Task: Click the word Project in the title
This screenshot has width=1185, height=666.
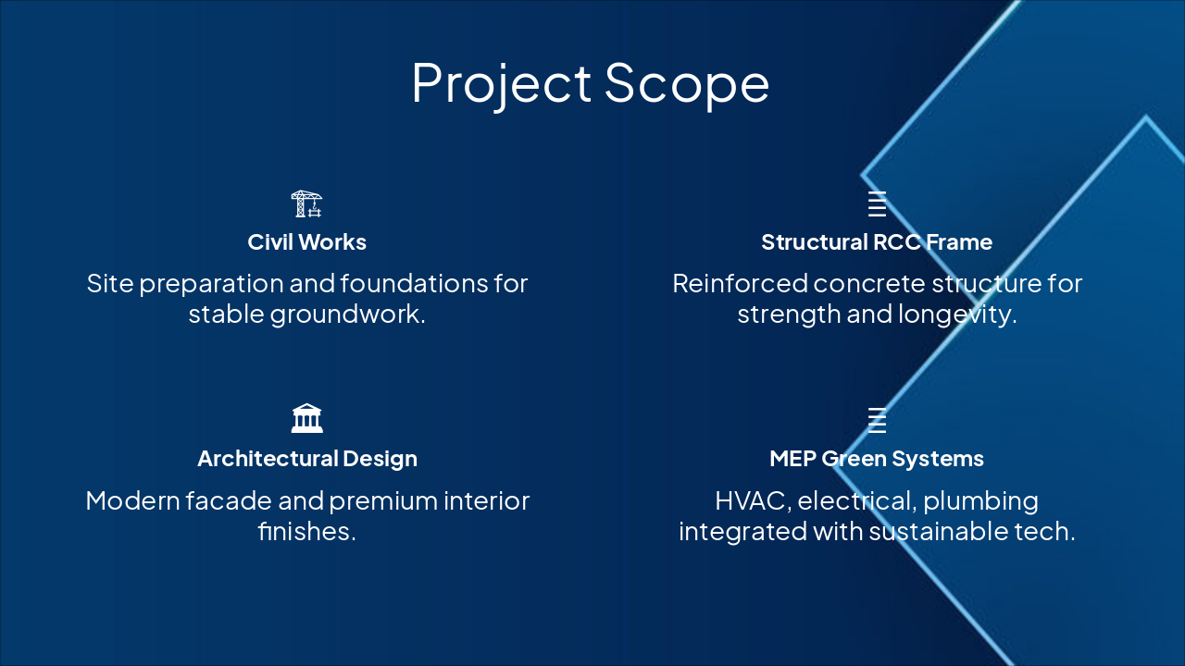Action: pos(502,84)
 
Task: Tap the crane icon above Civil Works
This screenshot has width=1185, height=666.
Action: pos(306,204)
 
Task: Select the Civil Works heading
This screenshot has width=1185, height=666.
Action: pos(306,242)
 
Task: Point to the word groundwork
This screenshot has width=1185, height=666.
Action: pos(347,314)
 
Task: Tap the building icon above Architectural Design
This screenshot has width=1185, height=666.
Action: pos(306,419)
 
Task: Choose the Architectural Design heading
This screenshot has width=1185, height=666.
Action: pos(306,459)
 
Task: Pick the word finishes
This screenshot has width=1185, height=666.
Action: pos(306,531)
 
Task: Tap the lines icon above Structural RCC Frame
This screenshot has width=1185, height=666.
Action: pos(877,204)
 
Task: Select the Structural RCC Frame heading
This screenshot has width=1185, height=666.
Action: pos(877,242)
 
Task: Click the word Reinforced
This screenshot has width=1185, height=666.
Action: pos(740,283)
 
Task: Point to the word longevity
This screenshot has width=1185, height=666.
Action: pos(957,314)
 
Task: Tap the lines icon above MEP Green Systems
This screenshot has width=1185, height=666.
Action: pos(877,420)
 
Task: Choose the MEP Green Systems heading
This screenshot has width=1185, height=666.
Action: pos(877,459)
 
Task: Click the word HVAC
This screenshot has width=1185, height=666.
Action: pos(754,501)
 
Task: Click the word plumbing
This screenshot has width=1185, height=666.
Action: pos(980,501)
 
